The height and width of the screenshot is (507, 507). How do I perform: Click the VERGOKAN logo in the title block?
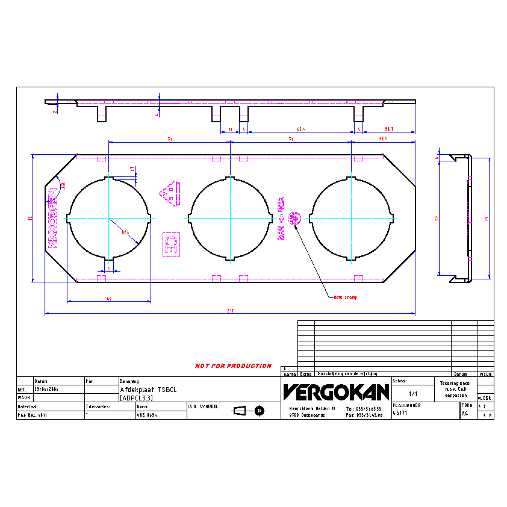pyautogui.click(x=336, y=393)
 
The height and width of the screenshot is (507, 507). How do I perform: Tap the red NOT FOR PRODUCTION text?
pyautogui.click(x=233, y=365)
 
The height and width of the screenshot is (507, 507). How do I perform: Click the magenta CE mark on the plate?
pyautogui.click(x=170, y=244)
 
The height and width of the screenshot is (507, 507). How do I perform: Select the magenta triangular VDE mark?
pyautogui.click(x=170, y=193)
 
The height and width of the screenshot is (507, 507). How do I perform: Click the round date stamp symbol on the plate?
pyautogui.click(x=295, y=217)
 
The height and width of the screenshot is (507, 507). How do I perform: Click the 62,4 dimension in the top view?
pyautogui.click(x=300, y=129)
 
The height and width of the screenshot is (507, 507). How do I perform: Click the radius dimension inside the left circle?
pyautogui.click(x=125, y=232)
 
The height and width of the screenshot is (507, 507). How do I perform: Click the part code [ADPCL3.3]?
pyautogui.click(x=136, y=398)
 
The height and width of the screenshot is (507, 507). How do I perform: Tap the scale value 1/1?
pyautogui.click(x=414, y=394)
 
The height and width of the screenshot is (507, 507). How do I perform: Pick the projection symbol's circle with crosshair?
pyautogui.click(x=260, y=410)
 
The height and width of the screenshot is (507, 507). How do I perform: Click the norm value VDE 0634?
pyautogui.click(x=148, y=415)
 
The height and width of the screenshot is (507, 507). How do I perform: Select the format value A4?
pyautogui.click(x=464, y=414)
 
